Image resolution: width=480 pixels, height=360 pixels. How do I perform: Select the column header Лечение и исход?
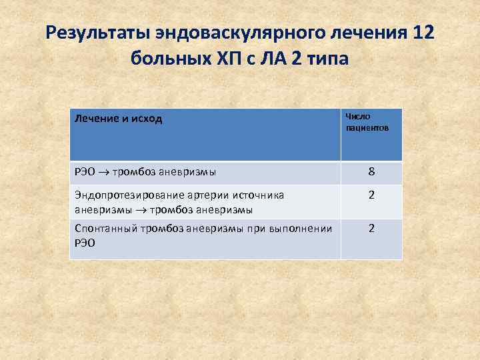pos(119,119)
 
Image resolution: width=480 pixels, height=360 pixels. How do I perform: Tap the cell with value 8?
pos(371,173)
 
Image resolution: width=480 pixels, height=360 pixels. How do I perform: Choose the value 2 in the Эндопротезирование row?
pos(371,196)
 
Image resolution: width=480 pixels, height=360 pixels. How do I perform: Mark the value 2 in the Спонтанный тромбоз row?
pos(371,228)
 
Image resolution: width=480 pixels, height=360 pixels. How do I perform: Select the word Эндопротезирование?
pos(118,195)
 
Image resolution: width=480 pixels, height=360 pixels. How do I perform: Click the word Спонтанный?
pos(102,229)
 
